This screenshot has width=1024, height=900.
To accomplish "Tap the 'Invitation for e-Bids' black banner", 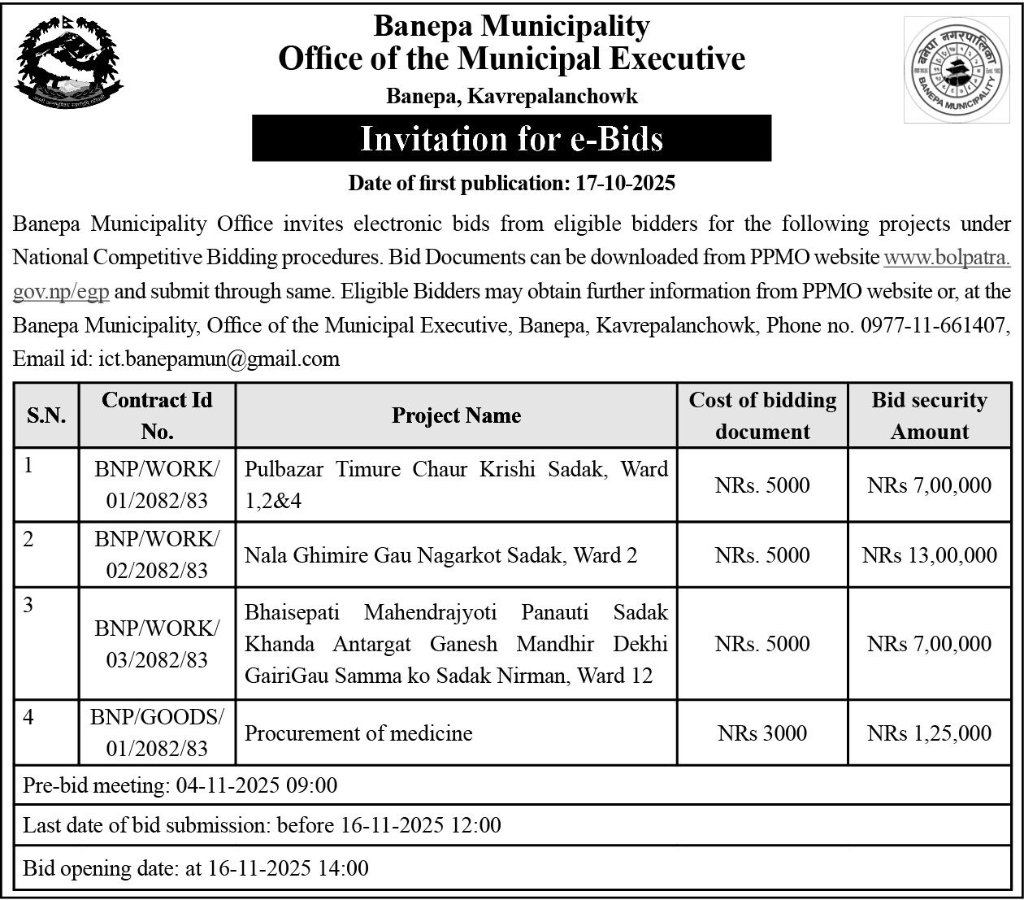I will [511, 138].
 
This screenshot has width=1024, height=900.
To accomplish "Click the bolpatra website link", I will [946, 258].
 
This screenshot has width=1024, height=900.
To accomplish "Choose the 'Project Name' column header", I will [456, 415].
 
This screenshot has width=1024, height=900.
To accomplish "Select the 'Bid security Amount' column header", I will [929, 415].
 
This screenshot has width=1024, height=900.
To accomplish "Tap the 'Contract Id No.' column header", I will [157, 415].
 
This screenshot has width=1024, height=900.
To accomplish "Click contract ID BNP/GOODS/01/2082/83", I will [157, 733].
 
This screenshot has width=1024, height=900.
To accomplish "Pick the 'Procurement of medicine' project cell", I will [358, 733].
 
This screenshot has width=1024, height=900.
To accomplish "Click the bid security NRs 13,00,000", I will [929, 555].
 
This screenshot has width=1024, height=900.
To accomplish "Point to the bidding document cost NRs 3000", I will [762, 733].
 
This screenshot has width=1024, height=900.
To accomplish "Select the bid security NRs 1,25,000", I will [929, 733].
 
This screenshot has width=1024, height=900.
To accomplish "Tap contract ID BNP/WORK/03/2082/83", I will [157, 644].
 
